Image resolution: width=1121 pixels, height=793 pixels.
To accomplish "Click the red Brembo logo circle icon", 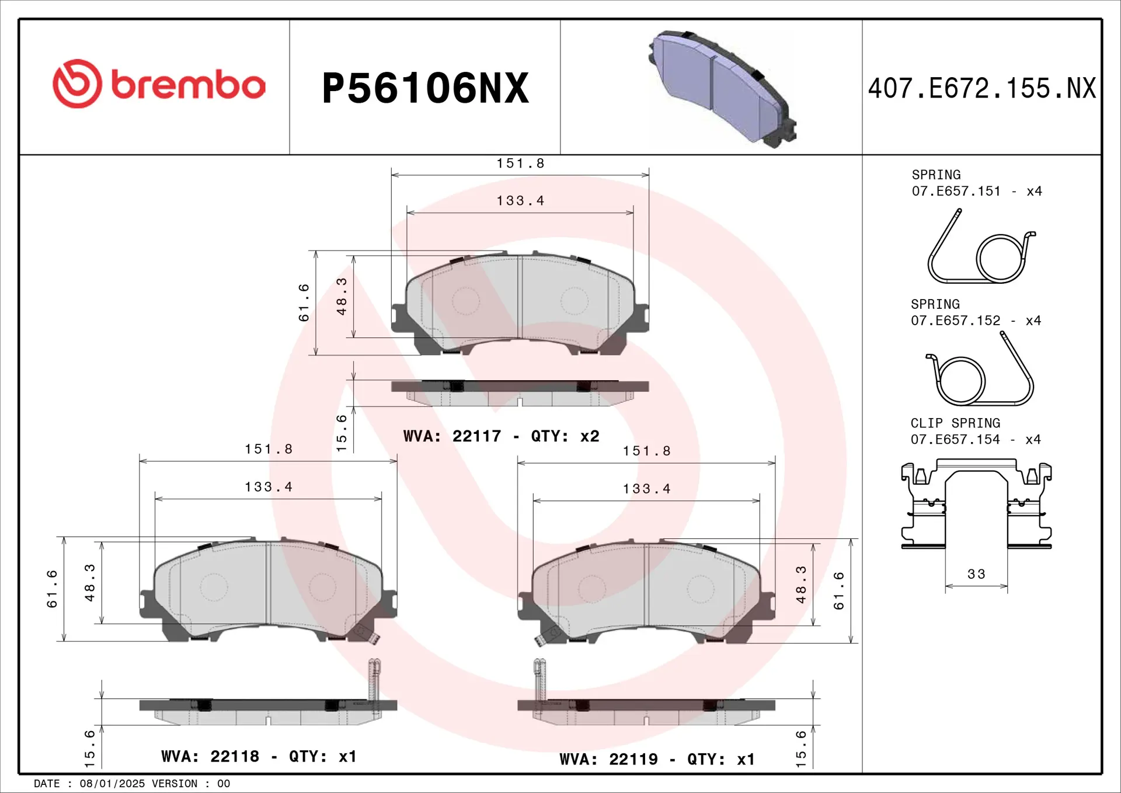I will (77, 84).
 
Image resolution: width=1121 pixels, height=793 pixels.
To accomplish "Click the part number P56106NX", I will (425, 88).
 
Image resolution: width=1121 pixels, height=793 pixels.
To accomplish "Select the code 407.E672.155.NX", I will (981, 89).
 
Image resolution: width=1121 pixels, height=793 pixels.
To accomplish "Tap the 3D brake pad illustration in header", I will (723, 88).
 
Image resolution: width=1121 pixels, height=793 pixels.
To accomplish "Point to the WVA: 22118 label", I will (210, 756).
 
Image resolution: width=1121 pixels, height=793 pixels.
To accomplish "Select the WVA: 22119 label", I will (608, 759).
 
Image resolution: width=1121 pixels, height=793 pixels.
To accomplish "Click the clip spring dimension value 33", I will (976, 574).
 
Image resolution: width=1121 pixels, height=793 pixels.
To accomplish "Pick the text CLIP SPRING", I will (955, 423).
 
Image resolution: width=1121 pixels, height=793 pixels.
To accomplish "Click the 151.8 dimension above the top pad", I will (520, 164).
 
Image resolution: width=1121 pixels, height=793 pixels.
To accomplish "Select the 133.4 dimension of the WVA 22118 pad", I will (269, 487).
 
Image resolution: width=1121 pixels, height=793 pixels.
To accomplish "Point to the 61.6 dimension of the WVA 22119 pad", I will (839, 591).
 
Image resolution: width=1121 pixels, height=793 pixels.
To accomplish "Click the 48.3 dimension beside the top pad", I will (342, 297).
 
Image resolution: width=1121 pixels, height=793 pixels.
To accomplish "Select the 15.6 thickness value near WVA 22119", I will (801, 748).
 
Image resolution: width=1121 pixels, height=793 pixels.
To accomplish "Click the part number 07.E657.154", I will (955, 439).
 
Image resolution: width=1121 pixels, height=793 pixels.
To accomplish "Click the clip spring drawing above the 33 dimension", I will (976, 505).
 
